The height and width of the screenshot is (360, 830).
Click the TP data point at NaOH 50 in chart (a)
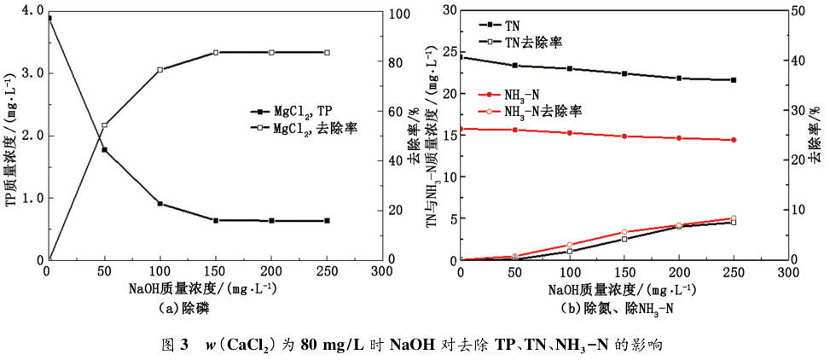coord(104,150)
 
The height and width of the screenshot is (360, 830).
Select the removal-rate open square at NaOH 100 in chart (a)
coord(160,70)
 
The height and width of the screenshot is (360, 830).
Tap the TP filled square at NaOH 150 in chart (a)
coord(216,221)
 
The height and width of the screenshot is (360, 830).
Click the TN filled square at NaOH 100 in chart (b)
coord(569,69)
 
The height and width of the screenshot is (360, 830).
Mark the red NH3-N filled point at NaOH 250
coord(733,140)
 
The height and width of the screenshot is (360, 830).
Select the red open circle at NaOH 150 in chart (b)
coord(624,232)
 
